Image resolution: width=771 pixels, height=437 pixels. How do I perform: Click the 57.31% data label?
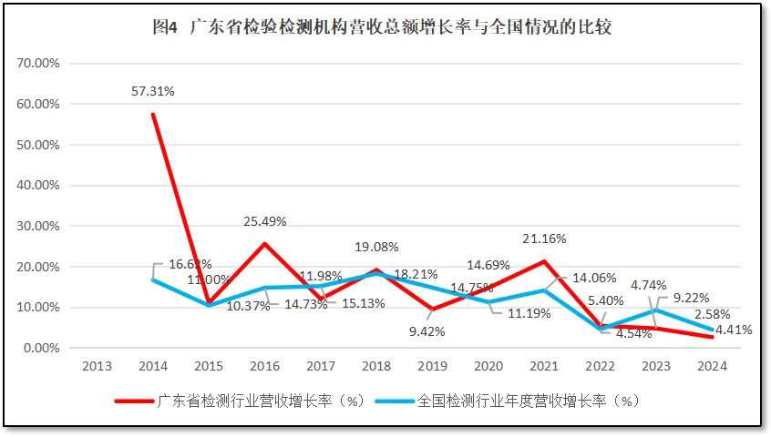[152, 91]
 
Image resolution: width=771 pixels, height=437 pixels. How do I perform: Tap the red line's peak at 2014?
[152, 114]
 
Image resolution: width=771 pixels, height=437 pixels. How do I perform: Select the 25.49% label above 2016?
[266, 221]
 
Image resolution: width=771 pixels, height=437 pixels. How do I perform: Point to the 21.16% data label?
[544, 239]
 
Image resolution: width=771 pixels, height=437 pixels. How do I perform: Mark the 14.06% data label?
[594, 279]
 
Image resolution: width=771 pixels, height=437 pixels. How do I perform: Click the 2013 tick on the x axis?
[97, 366]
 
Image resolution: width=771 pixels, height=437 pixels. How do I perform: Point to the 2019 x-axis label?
[434, 366]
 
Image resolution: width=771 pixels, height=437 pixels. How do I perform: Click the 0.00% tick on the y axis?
[41, 348]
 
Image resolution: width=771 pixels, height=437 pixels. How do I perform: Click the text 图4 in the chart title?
[165, 27]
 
